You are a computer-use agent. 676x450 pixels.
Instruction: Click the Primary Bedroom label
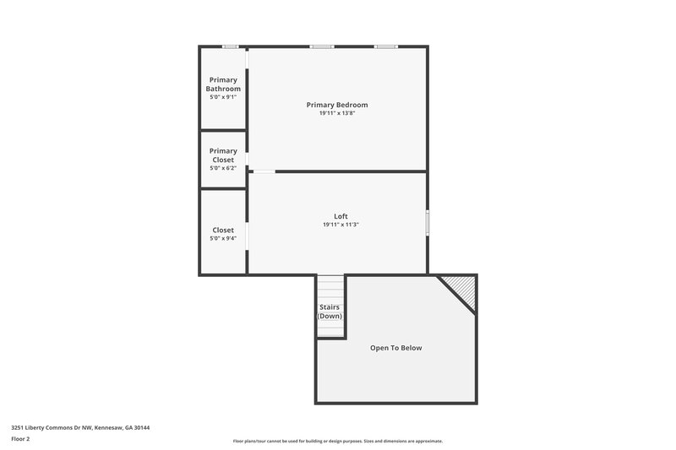[x=337, y=105]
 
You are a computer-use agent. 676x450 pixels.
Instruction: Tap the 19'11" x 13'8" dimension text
[x=337, y=113]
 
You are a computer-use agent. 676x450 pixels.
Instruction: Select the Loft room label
[x=341, y=216]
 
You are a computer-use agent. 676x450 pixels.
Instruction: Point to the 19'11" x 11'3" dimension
[x=341, y=225]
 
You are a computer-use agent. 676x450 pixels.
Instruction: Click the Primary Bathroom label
[x=223, y=84]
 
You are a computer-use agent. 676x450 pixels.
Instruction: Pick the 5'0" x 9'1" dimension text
[x=223, y=97]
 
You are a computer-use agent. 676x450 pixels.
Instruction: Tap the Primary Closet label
[x=223, y=155]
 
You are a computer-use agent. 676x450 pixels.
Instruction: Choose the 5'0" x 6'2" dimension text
[x=223, y=168]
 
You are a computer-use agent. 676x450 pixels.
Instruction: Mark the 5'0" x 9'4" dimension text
[x=223, y=238]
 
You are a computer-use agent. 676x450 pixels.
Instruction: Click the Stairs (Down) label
[x=330, y=312]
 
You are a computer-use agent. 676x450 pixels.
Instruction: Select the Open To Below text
[x=395, y=348]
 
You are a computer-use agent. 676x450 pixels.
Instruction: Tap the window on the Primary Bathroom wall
[x=230, y=46]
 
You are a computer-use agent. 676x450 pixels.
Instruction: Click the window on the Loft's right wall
[x=427, y=223]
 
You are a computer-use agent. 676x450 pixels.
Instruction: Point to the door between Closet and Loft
[x=247, y=236]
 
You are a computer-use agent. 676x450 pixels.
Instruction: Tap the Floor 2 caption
[x=20, y=439]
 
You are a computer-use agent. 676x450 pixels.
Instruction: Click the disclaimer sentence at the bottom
[x=337, y=441]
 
